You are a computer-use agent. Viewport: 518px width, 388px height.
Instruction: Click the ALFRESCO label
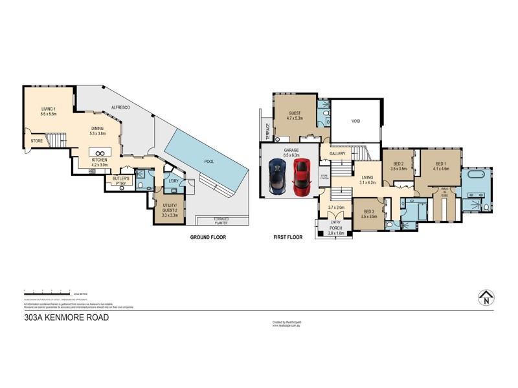click(117, 107)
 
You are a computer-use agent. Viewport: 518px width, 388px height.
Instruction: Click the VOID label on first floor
click(355, 121)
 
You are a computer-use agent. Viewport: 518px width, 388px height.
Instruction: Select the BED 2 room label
click(398, 166)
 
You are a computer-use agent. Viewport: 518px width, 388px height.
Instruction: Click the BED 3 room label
click(369, 214)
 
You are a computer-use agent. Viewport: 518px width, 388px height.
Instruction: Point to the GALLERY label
click(337, 154)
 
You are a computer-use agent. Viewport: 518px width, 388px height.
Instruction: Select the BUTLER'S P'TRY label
click(121, 180)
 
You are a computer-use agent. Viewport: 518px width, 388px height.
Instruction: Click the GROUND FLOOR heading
click(208, 237)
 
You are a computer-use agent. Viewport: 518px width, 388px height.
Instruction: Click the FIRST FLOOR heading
click(288, 237)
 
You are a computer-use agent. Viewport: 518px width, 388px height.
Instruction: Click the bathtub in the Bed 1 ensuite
click(475, 176)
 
